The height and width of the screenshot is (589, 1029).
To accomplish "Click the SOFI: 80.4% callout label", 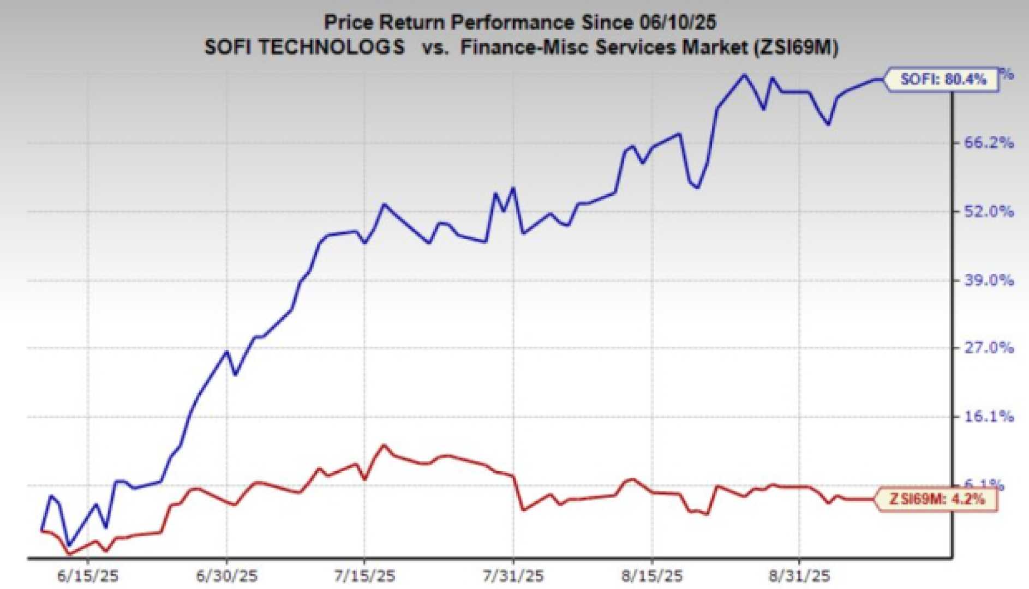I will [942, 80].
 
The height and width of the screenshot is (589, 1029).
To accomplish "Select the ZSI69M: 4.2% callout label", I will [936, 499].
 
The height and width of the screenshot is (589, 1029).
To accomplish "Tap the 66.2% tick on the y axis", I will [989, 143].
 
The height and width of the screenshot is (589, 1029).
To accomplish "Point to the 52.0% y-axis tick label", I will [989, 212].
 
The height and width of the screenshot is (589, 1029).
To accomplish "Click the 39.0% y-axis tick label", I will [989, 280].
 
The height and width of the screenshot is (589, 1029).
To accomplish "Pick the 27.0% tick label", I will [989, 348].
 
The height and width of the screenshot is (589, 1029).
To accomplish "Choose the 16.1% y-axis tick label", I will [989, 417].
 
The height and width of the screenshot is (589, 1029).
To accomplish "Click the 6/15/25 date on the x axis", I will [87, 575].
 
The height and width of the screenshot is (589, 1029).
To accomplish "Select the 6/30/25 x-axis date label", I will [226, 575].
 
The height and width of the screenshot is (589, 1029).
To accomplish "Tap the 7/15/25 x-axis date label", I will [364, 575].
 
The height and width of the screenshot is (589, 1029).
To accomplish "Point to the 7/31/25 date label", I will [513, 575].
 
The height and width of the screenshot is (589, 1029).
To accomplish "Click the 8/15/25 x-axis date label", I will [652, 575].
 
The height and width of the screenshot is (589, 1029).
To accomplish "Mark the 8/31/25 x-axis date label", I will [799, 575].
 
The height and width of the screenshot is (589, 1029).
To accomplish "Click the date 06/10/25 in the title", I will [675, 22].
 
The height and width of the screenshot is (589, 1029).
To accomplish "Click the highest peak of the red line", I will [384, 445].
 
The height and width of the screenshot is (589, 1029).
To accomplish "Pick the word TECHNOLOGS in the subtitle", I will [331, 47].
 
